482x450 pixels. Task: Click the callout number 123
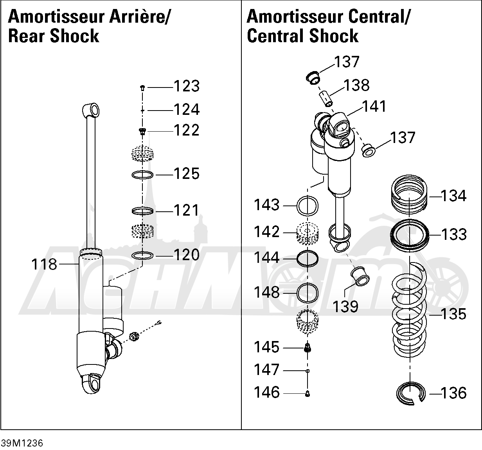tap(187, 86)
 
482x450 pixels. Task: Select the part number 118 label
tap(44, 264)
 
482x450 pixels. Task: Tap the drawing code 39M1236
tap(22, 443)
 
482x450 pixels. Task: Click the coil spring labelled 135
tap(409, 311)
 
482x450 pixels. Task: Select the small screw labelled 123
tap(142, 88)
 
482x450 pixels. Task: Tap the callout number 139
tap(345, 307)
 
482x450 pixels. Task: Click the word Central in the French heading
tap(379, 16)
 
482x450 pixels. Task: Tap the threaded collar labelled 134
tap(409, 195)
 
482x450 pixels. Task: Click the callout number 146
tap(266, 392)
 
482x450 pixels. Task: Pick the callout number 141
tap(374, 106)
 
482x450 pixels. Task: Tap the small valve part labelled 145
tap(308, 348)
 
